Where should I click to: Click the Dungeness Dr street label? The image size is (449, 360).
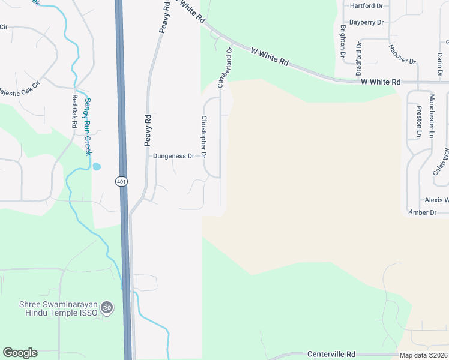[x=173, y=156]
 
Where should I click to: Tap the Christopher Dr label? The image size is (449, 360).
[x=204, y=137]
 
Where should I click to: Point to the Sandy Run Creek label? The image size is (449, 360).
[x=88, y=127]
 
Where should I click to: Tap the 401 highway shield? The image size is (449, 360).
[x=121, y=181]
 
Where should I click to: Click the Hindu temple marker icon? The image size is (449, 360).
[x=107, y=307]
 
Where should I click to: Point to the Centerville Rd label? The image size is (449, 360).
[x=331, y=354]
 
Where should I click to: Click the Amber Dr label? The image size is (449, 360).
[x=422, y=212]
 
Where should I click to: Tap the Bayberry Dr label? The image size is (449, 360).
[x=366, y=22]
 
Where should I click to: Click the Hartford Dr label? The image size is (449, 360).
[x=366, y=6]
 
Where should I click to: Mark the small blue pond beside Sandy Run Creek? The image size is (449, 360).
[x=97, y=167]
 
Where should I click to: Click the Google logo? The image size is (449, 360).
[x=20, y=353]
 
